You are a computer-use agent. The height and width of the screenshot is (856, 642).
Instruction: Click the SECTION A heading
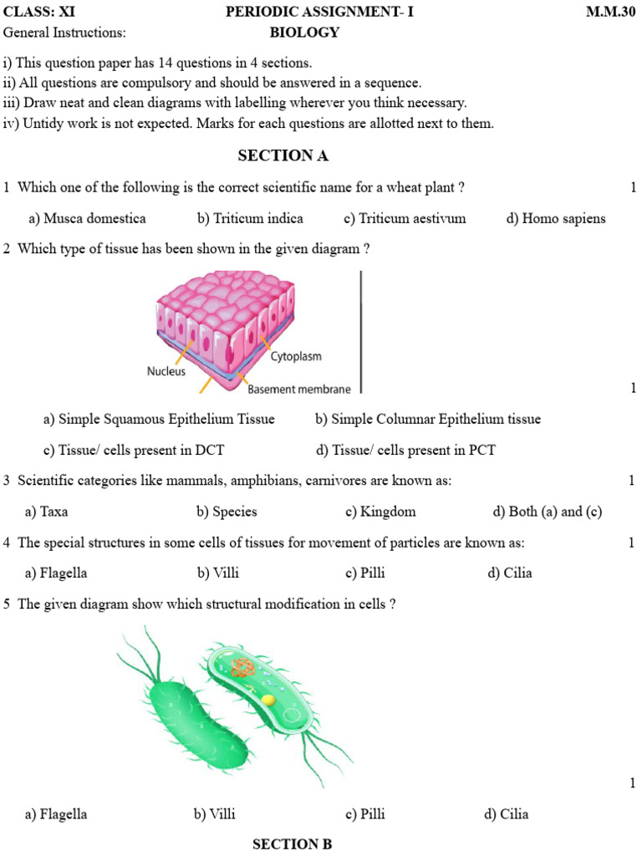click(283, 155)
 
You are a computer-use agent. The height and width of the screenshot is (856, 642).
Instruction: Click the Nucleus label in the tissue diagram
click(166, 371)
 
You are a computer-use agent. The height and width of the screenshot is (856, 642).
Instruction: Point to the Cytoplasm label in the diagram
click(296, 357)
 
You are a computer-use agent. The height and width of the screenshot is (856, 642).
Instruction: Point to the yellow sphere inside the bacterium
click(267, 699)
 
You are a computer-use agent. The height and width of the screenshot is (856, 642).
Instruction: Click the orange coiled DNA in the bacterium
click(242, 668)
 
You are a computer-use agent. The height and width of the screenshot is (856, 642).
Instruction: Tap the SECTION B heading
click(292, 844)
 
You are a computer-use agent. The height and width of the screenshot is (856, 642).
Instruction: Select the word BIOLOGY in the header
click(304, 33)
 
